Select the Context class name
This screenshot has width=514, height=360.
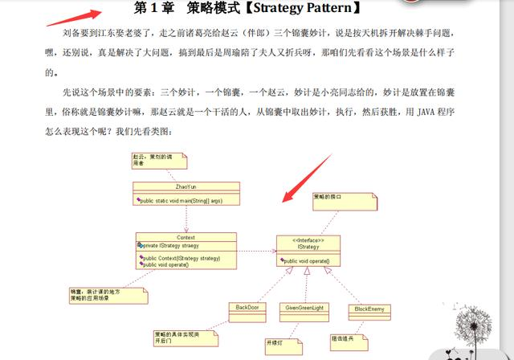coord(186,237)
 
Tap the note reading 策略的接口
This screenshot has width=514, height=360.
coord(333,200)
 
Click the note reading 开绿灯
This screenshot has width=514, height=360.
coord(276,343)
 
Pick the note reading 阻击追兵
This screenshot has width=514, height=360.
coord(346,337)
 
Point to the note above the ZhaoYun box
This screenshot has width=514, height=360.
coord(158,160)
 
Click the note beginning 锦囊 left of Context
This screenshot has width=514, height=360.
coord(107,295)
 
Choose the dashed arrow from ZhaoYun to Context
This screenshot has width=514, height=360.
coord(186,219)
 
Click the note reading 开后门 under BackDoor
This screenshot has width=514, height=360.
coord(184,337)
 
